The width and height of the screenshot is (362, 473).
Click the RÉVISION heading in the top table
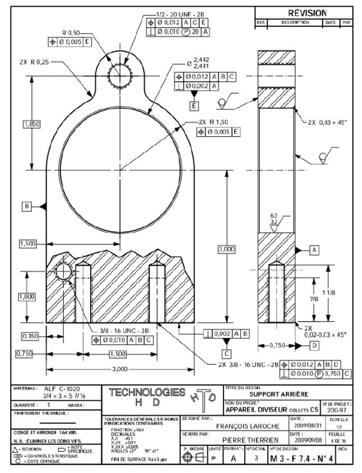tap(307, 13)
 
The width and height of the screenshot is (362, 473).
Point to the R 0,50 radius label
tap(71, 32)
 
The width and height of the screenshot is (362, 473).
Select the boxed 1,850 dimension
tap(31, 124)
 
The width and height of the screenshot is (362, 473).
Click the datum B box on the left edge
tap(27, 206)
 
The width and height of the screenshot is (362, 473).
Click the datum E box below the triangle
tap(194, 105)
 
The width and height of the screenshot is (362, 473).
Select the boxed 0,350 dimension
tap(30, 336)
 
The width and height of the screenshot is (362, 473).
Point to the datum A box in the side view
tap(314, 248)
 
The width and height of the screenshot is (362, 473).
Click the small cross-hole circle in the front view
tap(63, 272)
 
